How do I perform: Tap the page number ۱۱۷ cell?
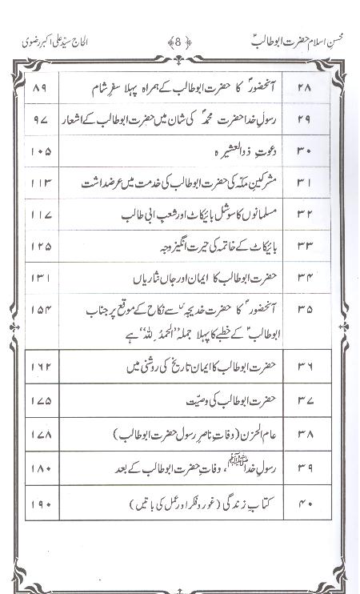pos(41,215)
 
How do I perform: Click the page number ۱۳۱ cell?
pos(41,278)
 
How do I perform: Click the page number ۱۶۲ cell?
pos(41,367)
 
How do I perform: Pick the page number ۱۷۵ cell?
pos(41,400)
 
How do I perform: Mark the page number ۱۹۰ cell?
pos(41,504)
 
